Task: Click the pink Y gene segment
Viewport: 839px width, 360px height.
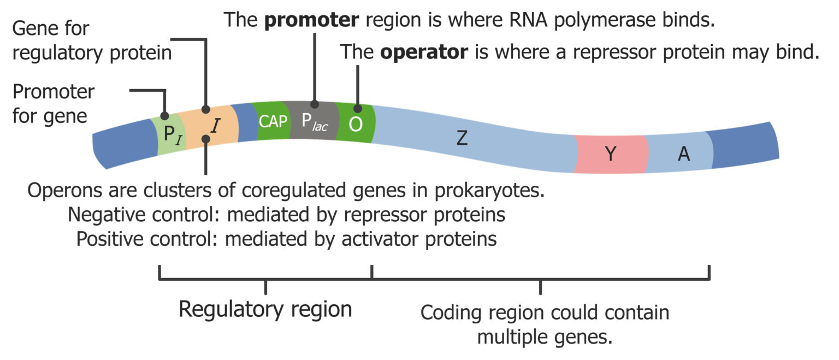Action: [x=610, y=154]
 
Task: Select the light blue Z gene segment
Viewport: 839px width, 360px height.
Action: [x=462, y=139]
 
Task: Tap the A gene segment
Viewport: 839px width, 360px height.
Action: [x=683, y=155]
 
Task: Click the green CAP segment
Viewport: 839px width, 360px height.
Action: [x=272, y=121]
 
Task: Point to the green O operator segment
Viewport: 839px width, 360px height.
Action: [x=355, y=125]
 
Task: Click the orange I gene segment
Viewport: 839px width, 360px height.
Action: [x=215, y=127]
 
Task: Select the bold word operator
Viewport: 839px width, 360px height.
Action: [x=424, y=52]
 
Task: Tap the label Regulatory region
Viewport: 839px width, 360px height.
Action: [x=265, y=310]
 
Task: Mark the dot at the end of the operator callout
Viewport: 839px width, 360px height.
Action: [x=358, y=109]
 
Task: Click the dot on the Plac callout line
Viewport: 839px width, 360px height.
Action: [x=315, y=104]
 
